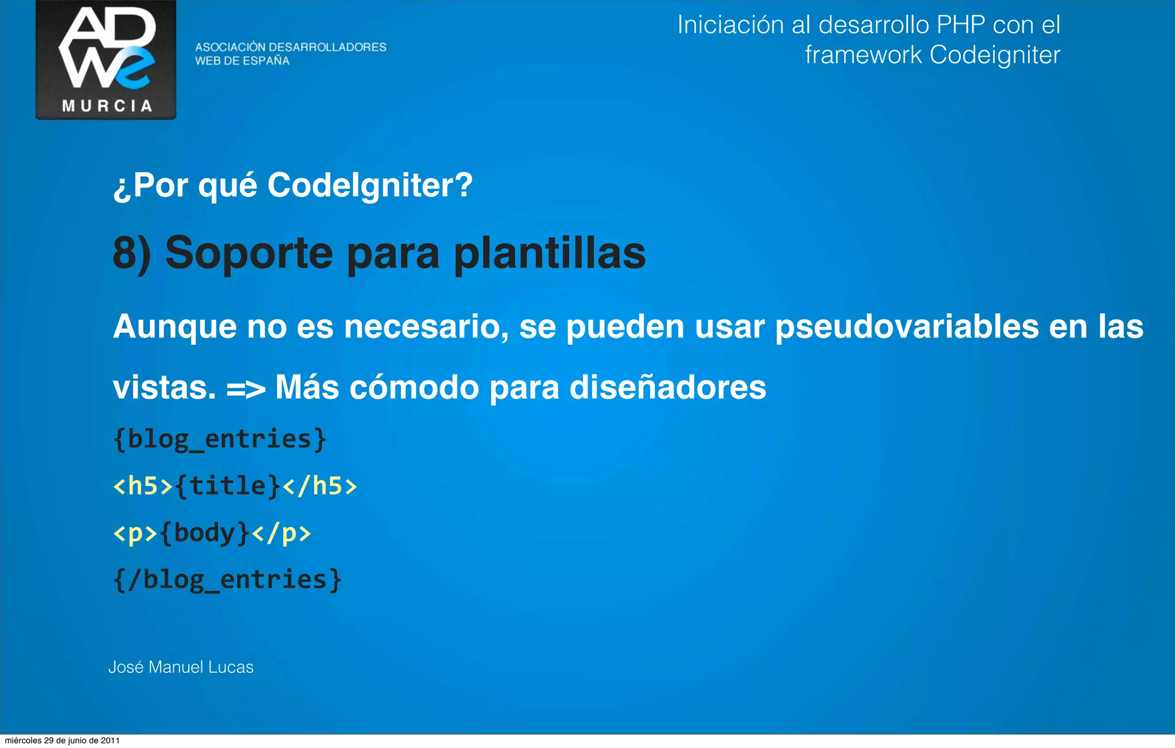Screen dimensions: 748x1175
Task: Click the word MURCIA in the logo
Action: tap(107, 106)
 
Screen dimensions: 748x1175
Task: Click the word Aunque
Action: tap(174, 327)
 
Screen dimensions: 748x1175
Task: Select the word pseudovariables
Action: tap(906, 327)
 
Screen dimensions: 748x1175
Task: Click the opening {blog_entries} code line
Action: tap(220, 439)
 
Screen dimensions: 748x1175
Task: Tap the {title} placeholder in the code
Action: tap(228, 486)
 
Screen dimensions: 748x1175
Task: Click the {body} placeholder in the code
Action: tap(204, 533)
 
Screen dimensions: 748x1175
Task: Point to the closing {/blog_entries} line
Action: tap(228, 580)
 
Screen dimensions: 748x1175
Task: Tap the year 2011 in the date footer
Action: tap(110, 741)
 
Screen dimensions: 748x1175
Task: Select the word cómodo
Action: tap(414, 388)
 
